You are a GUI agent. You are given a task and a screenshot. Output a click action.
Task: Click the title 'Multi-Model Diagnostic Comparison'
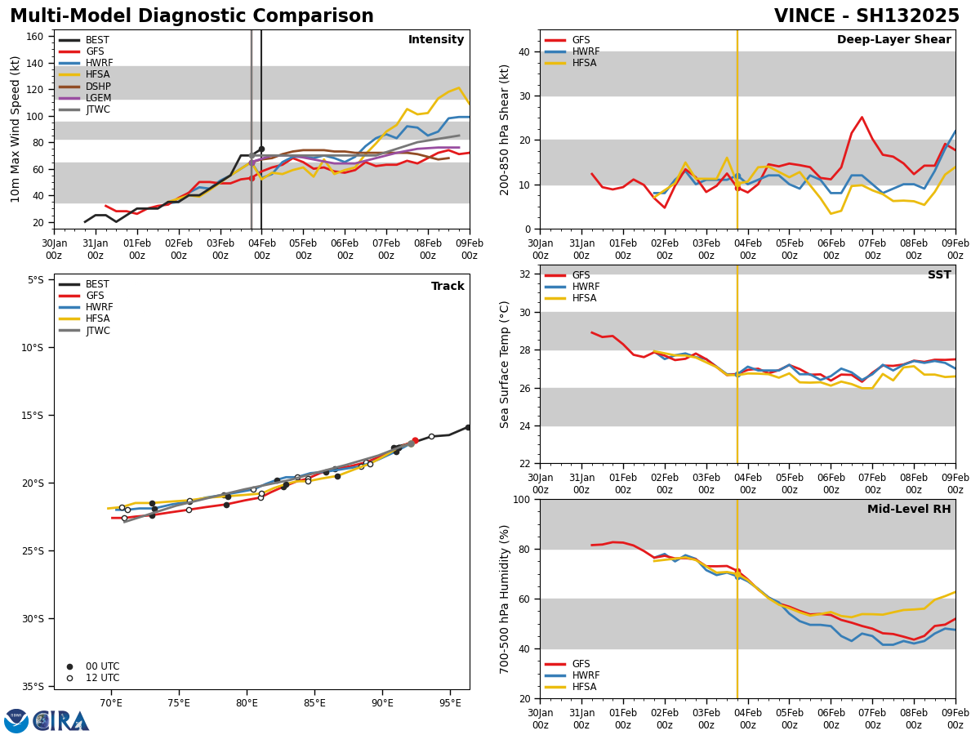pyautogui.click(x=192, y=16)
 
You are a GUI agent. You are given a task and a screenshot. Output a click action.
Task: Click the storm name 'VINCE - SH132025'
pyautogui.click(x=866, y=16)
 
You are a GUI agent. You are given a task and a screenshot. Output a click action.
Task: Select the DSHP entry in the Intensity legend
pyautogui.click(x=98, y=87)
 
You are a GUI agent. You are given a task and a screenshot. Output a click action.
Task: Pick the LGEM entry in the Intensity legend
pyautogui.click(x=98, y=98)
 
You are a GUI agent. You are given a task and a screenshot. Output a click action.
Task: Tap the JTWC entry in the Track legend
pyautogui.click(x=99, y=331)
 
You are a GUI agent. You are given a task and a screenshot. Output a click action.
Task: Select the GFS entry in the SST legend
pyautogui.click(x=581, y=275)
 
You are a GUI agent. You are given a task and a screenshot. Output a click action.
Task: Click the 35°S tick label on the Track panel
pyautogui.click(x=34, y=686)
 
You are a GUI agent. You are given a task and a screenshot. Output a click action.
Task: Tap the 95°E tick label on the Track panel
pyautogui.click(x=450, y=702)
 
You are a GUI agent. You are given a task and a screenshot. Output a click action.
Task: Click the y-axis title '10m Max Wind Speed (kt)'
pyautogui.click(x=16, y=129)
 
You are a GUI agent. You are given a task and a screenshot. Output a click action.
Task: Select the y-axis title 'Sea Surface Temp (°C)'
pyautogui.click(x=505, y=364)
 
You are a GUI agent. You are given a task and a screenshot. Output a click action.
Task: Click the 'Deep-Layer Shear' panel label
pyautogui.click(x=893, y=40)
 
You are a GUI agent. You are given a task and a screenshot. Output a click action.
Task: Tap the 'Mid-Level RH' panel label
pyautogui.click(x=909, y=510)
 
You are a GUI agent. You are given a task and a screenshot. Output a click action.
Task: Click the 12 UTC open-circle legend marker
pyautogui.click(x=69, y=678)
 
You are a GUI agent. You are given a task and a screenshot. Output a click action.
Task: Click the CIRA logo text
pyautogui.click(x=62, y=721)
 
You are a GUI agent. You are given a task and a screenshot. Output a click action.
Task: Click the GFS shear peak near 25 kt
pyautogui.click(x=862, y=117)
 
